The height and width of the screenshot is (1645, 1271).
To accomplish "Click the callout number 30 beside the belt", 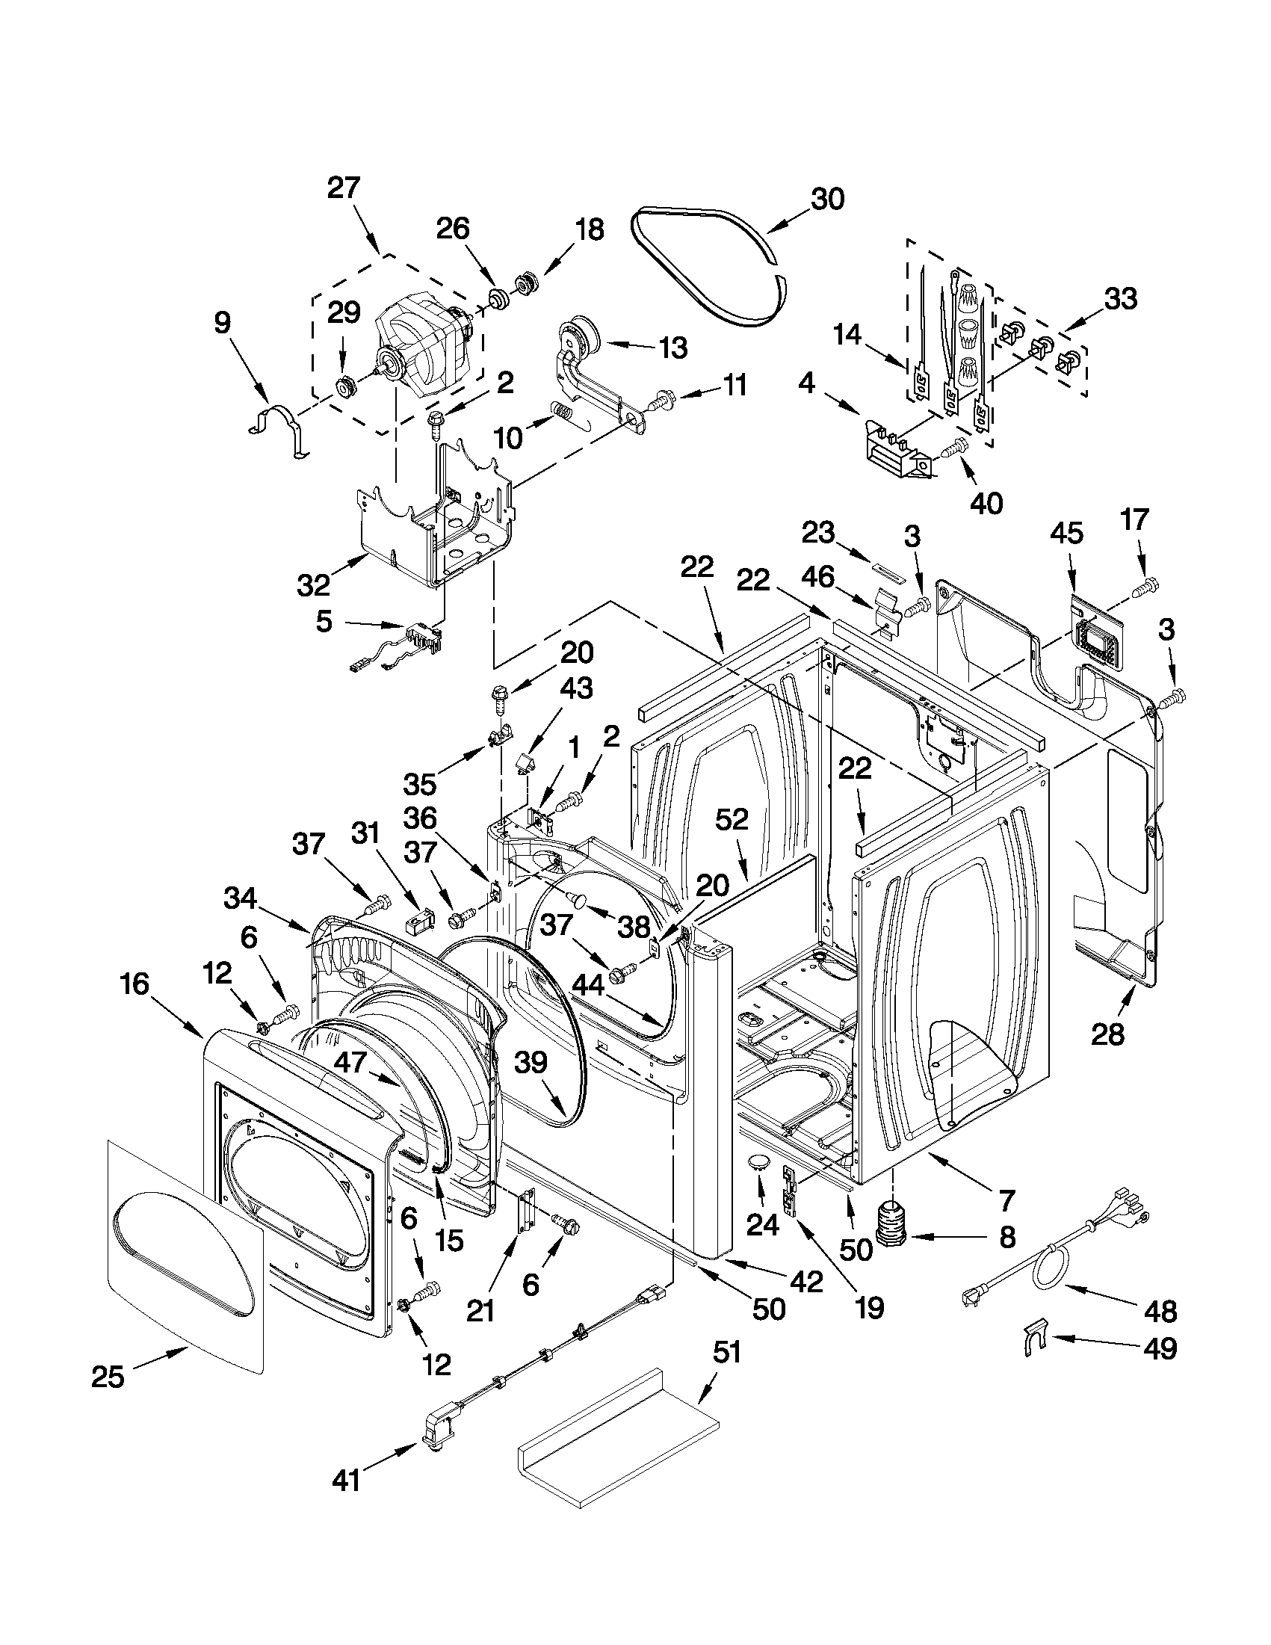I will coord(827,199).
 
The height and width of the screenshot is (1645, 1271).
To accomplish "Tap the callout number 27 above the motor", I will coord(344,187).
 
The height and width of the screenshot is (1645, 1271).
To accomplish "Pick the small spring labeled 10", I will coord(560,412).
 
